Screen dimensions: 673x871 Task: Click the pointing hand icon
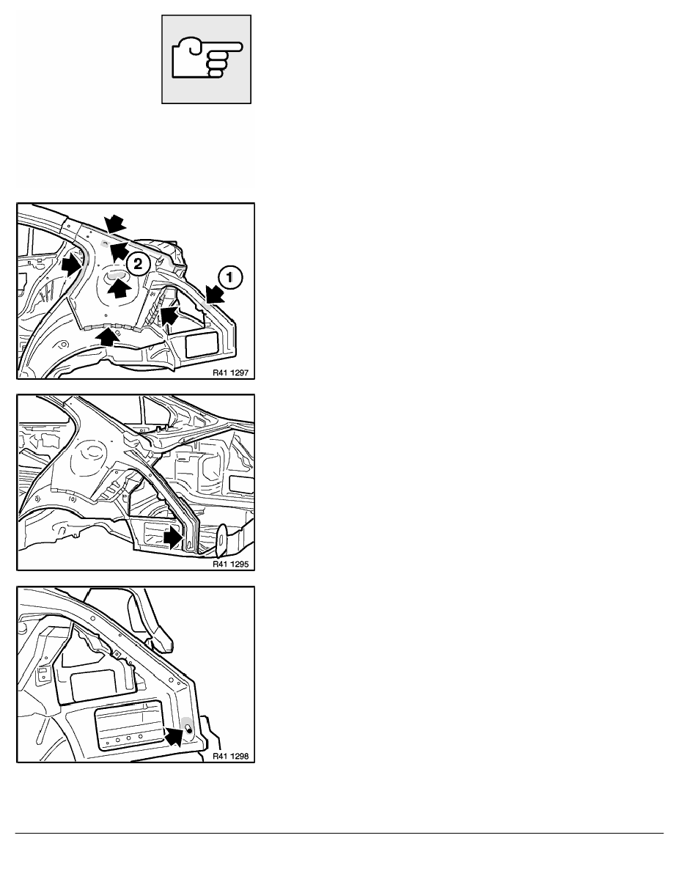[x=207, y=59]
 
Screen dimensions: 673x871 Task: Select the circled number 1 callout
[x=230, y=277]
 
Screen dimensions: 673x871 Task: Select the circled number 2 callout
[x=138, y=263]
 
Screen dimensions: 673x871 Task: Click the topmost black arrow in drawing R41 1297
[x=116, y=224]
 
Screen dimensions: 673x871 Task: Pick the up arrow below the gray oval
[x=119, y=288]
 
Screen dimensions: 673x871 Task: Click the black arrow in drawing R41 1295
[x=173, y=537]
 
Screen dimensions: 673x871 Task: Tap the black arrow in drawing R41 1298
[x=174, y=736]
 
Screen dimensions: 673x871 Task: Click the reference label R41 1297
[x=230, y=372]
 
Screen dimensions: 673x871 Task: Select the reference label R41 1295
[x=230, y=564]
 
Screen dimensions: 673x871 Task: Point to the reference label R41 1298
[x=230, y=756]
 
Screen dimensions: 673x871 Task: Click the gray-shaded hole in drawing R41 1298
[x=188, y=728]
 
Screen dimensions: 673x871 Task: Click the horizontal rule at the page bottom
[x=339, y=833]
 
